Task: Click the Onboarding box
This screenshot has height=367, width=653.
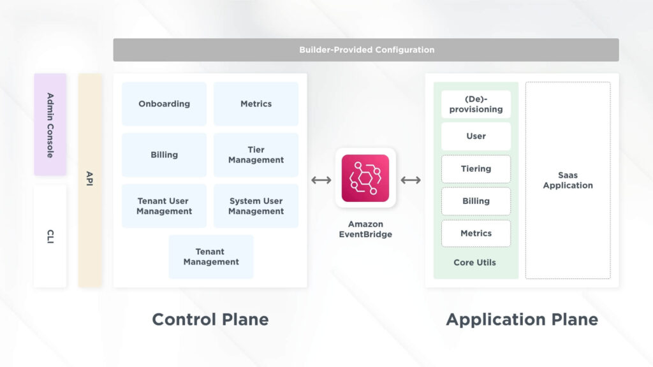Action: pyautogui.click(x=164, y=104)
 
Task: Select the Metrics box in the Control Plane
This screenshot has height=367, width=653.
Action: pyautogui.click(x=256, y=104)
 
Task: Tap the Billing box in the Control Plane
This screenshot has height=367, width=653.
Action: pyautogui.click(x=164, y=155)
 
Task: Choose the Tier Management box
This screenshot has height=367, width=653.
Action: pyautogui.click(x=256, y=155)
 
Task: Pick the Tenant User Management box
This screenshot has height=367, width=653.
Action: pyautogui.click(x=164, y=206)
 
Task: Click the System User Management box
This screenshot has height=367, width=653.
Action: pyautogui.click(x=256, y=206)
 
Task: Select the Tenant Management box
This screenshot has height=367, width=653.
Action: pyautogui.click(x=210, y=257)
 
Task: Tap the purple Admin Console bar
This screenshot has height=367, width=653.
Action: pyautogui.click(x=50, y=124)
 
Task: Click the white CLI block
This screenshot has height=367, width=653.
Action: pyautogui.click(x=50, y=236)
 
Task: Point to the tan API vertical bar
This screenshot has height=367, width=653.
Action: pyautogui.click(x=90, y=180)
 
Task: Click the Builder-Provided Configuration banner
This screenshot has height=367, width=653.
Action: pyautogui.click(x=366, y=50)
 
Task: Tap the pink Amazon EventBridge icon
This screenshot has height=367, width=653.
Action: pyautogui.click(x=365, y=178)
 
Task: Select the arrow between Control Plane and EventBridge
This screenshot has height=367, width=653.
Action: pyautogui.click(x=321, y=180)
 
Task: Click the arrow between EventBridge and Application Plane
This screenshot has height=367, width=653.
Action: pyautogui.click(x=410, y=180)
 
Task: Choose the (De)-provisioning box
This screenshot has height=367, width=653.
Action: pyautogui.click(x=476, y=104)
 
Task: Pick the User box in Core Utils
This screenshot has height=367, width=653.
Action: pyautogui.click(x=476, y=136)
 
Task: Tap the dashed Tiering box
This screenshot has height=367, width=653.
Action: pyautogui.click(x=476, y=169)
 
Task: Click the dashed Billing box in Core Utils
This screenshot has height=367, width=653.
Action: pyautogui.click(x=476, y=201)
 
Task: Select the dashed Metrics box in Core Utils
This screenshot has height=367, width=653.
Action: pyautogui.click(x=476, y=233)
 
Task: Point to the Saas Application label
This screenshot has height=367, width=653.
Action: pyautogui.click(x=568, y=180)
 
